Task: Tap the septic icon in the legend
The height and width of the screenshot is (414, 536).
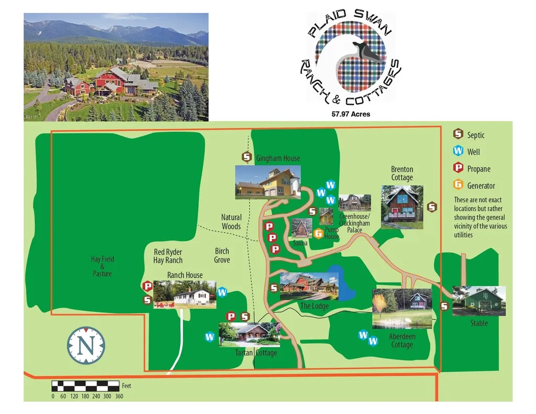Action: pos(459,134)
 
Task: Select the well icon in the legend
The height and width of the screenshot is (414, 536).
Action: pos(459,151)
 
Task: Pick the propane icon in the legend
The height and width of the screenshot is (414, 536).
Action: pos(459,168)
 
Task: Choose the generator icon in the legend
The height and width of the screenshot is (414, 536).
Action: pos(459,185)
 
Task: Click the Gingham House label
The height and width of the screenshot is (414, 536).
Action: pos(277,158)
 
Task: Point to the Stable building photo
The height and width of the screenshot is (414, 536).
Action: pos(479,301)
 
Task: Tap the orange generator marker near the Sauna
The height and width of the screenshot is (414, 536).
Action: pos(318,234)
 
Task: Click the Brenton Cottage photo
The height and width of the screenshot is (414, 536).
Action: pos(402,207)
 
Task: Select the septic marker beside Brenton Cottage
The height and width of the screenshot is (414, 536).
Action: pos(432,207)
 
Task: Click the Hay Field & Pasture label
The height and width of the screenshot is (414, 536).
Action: pos(102,266)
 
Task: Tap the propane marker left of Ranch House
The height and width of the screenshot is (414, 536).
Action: pos(148,287)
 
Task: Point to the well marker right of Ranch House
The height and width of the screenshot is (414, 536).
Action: pos(222,292)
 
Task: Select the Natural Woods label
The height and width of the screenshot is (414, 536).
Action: pos(231,222)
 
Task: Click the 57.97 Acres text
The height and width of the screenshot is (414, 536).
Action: pos(351,114)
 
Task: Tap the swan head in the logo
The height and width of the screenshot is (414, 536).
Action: pos(369,51)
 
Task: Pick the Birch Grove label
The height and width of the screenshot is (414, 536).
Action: pos(222,255)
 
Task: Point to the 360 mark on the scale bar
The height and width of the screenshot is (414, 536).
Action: pos(119,396)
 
